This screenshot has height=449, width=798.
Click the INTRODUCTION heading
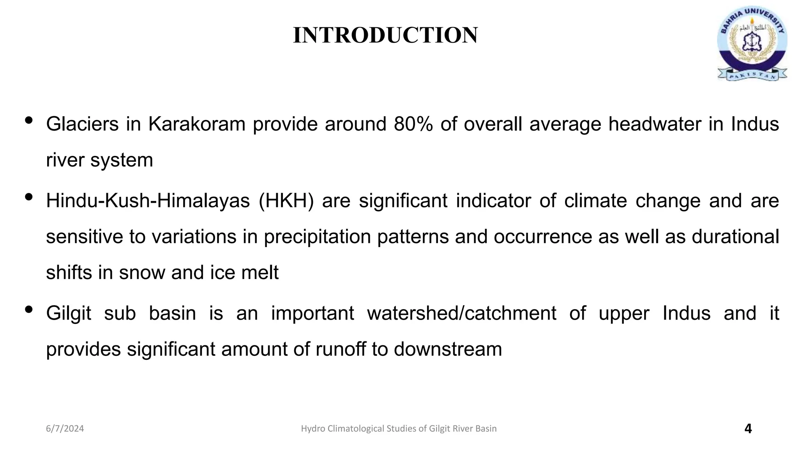pyautogui.click(x=385, y=35)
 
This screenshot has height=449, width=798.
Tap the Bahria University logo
pyautogui.click(x=752, y=43)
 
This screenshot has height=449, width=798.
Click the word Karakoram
pyautogui.click(x=197, y=124)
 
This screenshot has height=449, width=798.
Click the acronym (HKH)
pyautogui.click(x=286, y=201)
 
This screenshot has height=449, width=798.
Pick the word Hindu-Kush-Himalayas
pyautogui.click(x=148, y=201)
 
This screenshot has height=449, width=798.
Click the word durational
pyautogui.click(x=735, y=237)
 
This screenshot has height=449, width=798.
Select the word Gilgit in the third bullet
pyautogui.click(x=69, y=313)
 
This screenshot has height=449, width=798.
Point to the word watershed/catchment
pyautogui.click(x=461, y=313)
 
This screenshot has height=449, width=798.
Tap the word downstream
pyautogui.click(x=448, y=349)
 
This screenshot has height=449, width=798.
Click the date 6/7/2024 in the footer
pyautogui.click(x=65, y=429)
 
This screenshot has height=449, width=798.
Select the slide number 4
pyautogui.click(x=748, y=429)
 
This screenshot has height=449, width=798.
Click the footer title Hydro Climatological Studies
pyautogui.click(x=399, y=429)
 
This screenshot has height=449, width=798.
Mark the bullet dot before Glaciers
pyautogui.click(x=28, y=120)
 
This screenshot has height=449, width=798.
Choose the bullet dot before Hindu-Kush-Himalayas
pyautogui.click(x=28, y=197)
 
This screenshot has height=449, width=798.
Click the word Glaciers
pyautogui.click(x=82, y=124)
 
